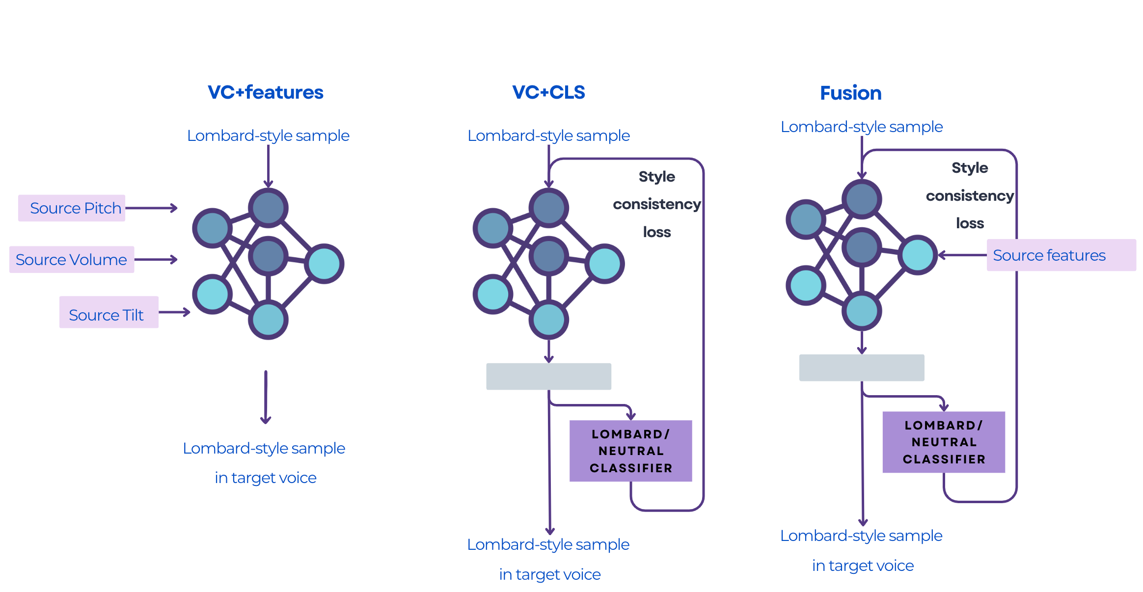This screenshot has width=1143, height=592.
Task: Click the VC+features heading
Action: pos(265,92)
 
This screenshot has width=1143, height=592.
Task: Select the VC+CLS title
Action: pos(548,92)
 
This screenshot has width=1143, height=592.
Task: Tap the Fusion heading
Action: pos(850,93)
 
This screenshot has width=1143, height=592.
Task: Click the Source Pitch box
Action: pos(72,208)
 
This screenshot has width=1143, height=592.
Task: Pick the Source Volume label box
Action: pos(72,260)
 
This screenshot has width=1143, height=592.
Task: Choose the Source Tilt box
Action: pos(109,312)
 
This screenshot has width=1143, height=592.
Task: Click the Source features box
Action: pos(1061,255)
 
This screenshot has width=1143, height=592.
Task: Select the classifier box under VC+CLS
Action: pos(630,451)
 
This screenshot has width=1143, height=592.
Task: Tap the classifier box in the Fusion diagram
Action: pos(943,442)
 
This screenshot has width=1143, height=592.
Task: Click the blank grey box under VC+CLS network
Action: pos(548,377)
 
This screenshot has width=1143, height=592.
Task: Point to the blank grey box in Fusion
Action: pos(861,368)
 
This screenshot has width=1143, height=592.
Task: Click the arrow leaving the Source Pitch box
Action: pos(151,208)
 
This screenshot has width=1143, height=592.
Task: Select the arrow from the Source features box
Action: pos(962,255)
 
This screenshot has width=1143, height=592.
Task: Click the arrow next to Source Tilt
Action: pos(174,312)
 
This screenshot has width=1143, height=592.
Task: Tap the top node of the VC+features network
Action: pos(268,208)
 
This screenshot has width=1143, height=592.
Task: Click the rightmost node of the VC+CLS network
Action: pos(605,264)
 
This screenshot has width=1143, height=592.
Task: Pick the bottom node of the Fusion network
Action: pos(862,311)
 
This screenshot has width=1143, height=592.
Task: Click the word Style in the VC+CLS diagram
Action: pos(656,177)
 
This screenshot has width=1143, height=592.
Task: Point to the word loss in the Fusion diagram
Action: pos(970,223)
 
